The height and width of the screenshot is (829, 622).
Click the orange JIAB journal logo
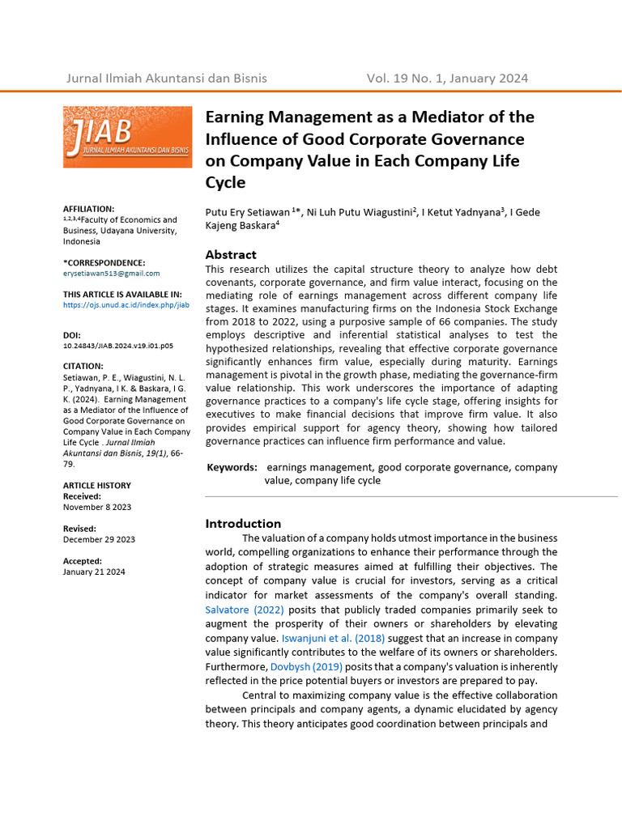128,137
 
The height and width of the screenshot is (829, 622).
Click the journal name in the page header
166,79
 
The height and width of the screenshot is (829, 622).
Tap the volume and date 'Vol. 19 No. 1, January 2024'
447,79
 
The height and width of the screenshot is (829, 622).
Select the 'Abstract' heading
231,254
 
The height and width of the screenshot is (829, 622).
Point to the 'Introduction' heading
243,523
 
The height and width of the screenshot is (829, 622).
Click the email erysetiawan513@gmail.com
112,274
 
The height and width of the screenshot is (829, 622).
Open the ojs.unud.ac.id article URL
126,305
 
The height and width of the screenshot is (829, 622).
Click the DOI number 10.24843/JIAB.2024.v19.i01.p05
118,346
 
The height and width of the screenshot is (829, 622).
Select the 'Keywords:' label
232,467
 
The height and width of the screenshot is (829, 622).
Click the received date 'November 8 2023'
97,507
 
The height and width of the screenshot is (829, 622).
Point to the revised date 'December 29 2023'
99,539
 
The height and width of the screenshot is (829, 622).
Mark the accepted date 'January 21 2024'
94,572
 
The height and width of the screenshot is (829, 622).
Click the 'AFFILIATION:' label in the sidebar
89,209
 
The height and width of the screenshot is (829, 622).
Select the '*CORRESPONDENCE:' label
104,262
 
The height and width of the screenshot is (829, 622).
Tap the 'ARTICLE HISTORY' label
97,486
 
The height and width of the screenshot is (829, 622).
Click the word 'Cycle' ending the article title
225,183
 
